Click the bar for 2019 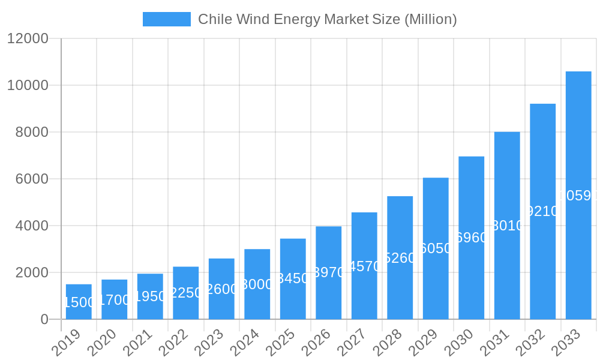[79, 302]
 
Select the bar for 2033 [578, 196]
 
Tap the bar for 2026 [328, 273]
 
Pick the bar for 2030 [471, 238]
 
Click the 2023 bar [221, 289]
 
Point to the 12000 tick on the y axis [28, 38]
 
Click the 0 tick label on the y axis [44, 319]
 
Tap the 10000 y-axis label [28, 85]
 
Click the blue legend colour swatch [166, 19]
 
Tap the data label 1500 [79, 302]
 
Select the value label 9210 [542, 211]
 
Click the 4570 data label [364, 266]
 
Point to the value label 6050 [436, 248]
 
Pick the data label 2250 [186, 293]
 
